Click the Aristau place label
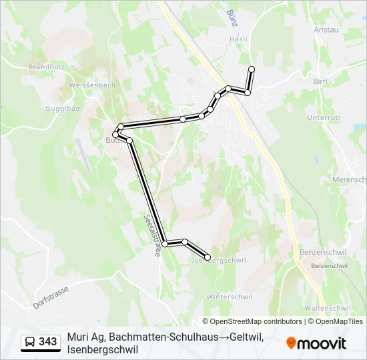click(x=328, y=29)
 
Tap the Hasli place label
click(x=238, y=39)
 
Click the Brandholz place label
click(x=45, y=67)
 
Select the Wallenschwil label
click(x=327, y=308)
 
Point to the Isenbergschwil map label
click(x=219, y=260)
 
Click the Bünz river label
click(x=232, y=17)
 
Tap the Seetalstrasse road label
click(x=153, y=235)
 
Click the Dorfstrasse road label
click(x=51, y=297)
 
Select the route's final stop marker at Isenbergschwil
click(x=208, y=257)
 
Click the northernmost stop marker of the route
click(x=252, y=69)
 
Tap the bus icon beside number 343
click(x=31, y=342)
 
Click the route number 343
click(x=48, y=342)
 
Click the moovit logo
click(x=316, y=343)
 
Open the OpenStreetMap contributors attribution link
click(x=256, y=321)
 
